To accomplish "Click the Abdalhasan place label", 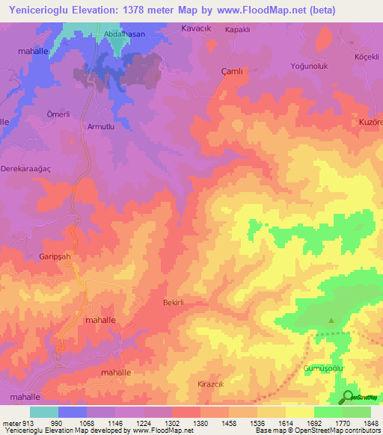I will pyautogui.click(x=125, y=34).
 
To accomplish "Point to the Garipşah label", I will pyautogui.click(x=55, y=255).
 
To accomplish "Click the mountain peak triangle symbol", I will pyautogui.click(x=331, y=321).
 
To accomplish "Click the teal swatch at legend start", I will pyautogui.click(x=44, y=412).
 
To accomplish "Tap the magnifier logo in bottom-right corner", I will pyautogui.click(x=348, y=396).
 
